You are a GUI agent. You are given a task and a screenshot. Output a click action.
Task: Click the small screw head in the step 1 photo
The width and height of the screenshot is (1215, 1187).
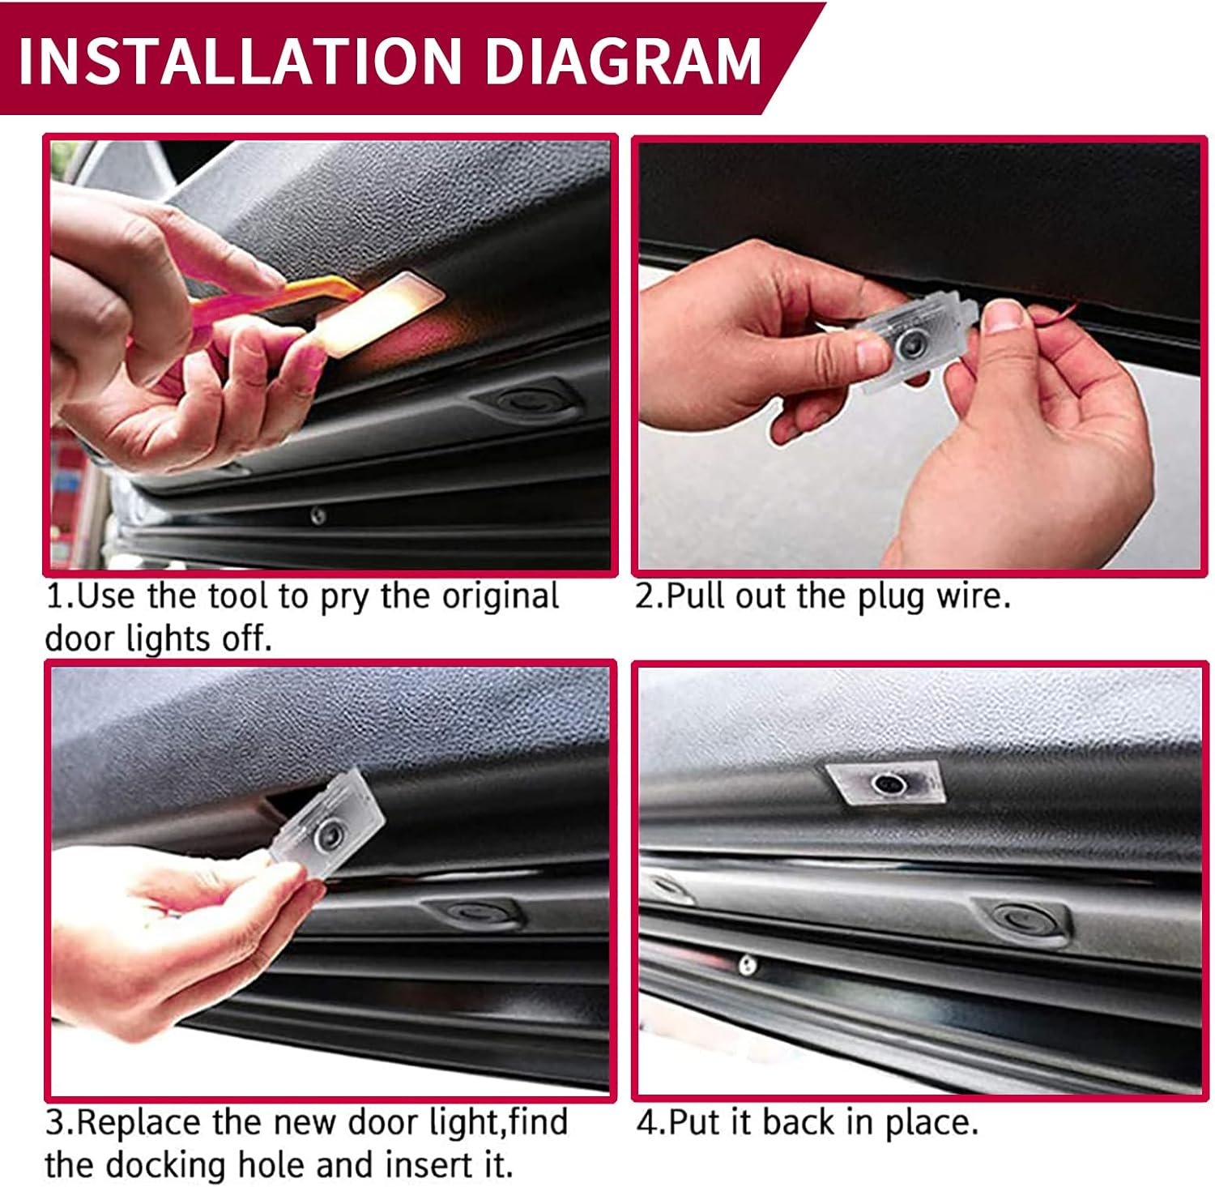[319, 515]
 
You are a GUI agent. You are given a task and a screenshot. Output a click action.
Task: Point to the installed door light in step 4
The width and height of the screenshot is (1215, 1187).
[885, 783]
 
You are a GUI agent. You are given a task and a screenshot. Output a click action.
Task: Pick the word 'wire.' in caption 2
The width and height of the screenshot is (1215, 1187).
[970, 597]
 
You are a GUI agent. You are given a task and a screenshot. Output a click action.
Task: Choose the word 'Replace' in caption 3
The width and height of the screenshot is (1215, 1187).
[143, 1125]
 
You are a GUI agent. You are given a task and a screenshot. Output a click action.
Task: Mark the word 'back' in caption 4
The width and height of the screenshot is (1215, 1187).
[797, 1123]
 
